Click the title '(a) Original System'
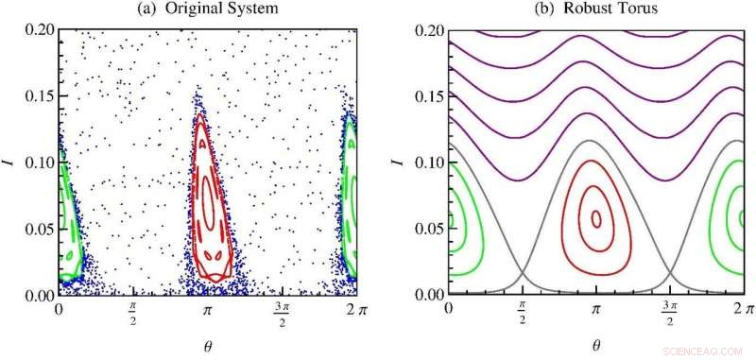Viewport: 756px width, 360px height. [x=206, y=10]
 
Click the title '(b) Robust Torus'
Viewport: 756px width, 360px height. [x=595, y=10]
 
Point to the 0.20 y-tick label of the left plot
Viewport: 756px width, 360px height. [x=36, y=29]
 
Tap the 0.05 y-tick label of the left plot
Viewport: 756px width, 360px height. [x=36, y=229]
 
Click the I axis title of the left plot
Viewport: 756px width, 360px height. [x=11, y=162]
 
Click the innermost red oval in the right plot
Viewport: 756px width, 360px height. [x=595, y=218]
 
